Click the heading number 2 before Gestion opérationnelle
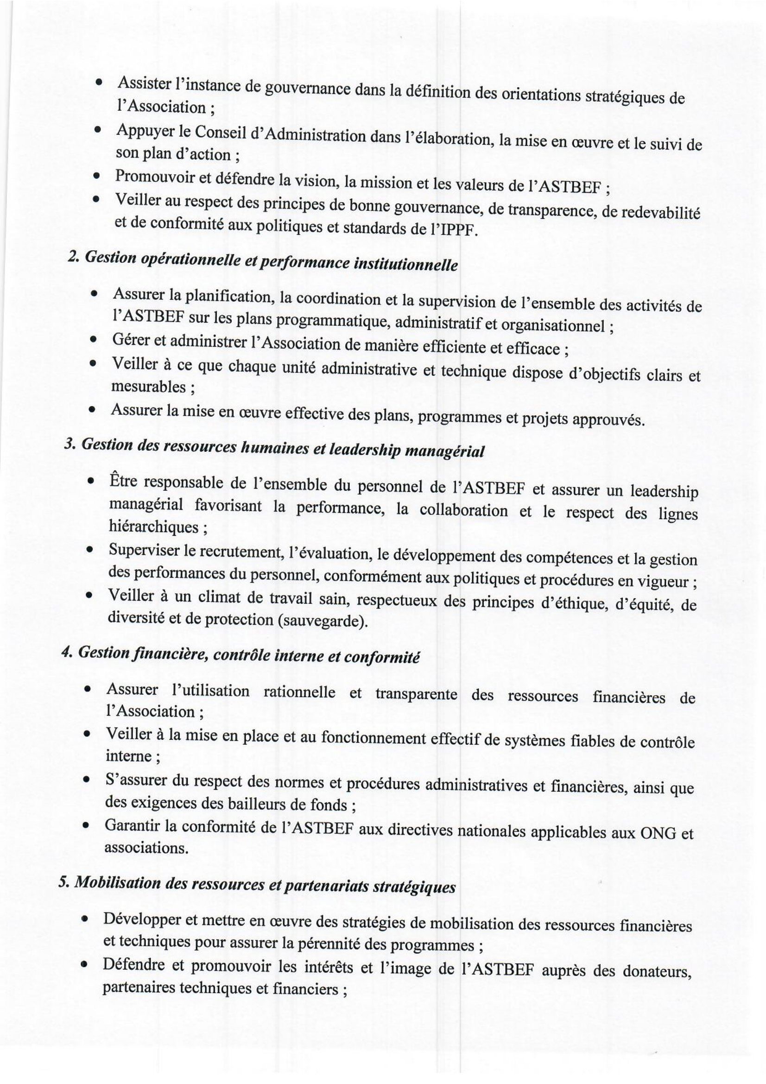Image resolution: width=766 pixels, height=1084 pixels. coord(72,257)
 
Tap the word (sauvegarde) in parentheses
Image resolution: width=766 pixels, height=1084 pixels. coord(323,621)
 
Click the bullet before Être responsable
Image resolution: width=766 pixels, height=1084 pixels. coord(90,482)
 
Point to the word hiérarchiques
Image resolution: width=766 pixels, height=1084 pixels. coord(153,527)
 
